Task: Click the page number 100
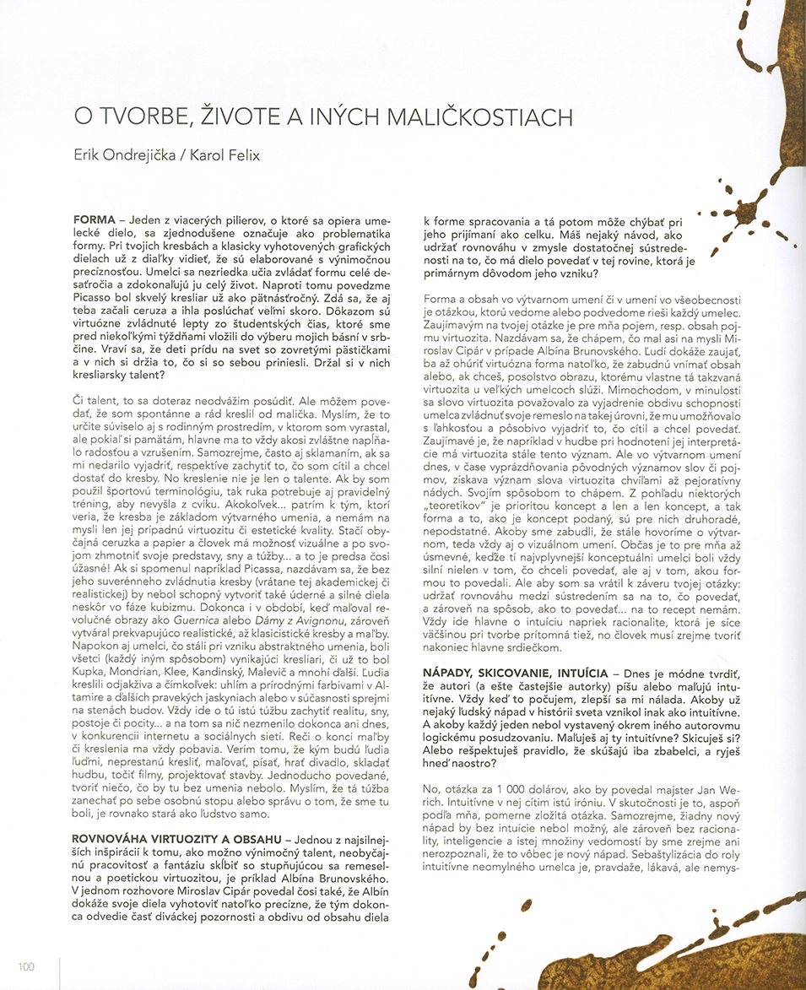click(x=25, y=966)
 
